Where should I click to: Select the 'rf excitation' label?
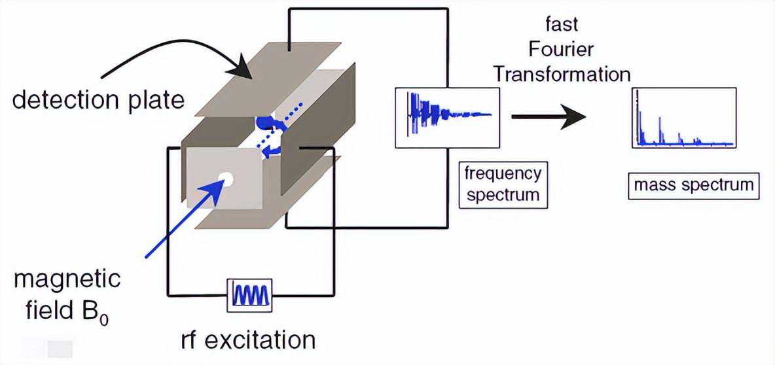point(248,340)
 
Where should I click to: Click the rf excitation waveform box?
point(249,295)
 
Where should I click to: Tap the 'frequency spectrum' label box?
point(503,184)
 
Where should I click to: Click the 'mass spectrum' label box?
point(693,186)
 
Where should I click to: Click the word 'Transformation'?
point(562,73)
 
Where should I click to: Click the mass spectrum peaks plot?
point(685,118)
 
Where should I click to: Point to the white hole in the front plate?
point(226,177)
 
